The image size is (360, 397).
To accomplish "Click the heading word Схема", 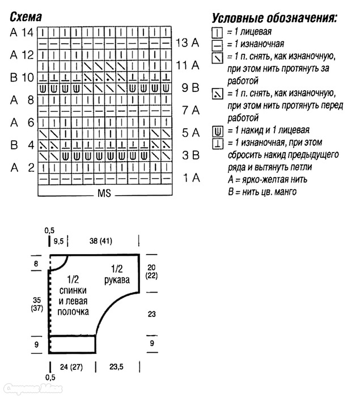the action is [26, 17].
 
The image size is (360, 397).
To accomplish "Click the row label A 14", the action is [22, 32].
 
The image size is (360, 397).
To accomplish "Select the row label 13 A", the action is [187, 43].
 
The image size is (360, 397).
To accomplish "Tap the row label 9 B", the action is [190, 87].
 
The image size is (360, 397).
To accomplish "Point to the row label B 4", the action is [22, 145].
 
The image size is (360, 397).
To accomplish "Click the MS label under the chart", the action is [104, 193].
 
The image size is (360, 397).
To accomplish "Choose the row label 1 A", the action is [192, 178].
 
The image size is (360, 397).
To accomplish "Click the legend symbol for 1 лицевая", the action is [217, 33].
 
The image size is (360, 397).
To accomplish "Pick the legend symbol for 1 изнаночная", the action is [217, 45].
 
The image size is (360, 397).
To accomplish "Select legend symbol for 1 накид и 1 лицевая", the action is [218, 132].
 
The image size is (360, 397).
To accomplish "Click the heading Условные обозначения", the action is [274, 18].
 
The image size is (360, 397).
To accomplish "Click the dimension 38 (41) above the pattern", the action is [101, 240].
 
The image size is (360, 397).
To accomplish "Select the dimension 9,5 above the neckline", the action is [58, 241].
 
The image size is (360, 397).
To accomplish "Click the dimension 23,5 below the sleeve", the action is [116, 366].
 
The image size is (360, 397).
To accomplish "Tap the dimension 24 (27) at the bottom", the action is [71, 367].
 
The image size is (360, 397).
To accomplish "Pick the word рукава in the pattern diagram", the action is [117, 280].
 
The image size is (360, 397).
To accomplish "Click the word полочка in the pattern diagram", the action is [73, 312].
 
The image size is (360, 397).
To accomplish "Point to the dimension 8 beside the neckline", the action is [36, 264].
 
